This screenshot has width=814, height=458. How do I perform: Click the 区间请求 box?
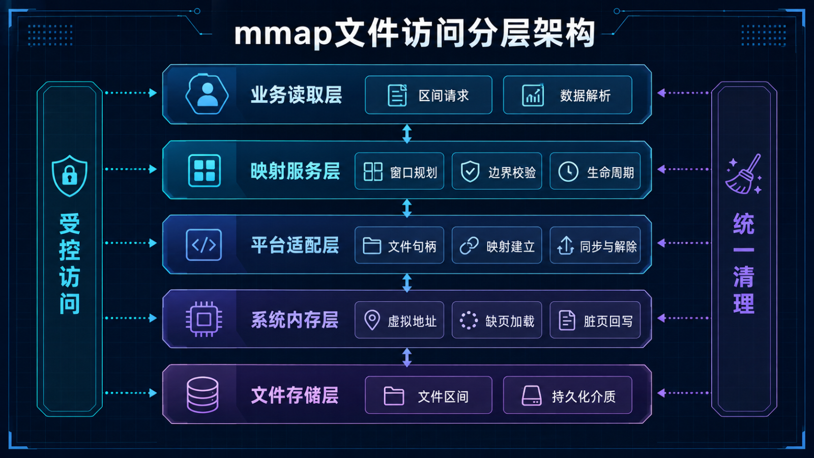pyautogui.click(x=428, y=95)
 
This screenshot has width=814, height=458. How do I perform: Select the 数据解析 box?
pyautogui.click(x=568, y=95)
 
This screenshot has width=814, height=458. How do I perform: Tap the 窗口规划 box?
pyautogui.click(x=399, y=171)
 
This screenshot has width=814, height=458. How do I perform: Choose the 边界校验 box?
pyautogui.click(x=497, y=171)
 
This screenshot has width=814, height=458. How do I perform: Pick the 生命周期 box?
pyautogui.click(x=595, y=171)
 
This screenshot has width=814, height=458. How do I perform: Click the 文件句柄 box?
pyautogui.click(x=399, y=245)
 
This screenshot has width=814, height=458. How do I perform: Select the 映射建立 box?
pyautogui.click(x=497, y=245)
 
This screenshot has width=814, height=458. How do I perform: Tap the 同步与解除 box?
pyautogui.click(x=595, y=245)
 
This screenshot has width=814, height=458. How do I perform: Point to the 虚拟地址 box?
pyautogui.click(x=399, y=320)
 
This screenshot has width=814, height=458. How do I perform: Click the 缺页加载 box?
pyautogui.click(x=497, y=320)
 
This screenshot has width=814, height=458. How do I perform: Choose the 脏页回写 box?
pyautogui.click(x=595, y=320)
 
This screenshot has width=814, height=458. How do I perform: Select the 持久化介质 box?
pyautogui.click(x=568, y=395)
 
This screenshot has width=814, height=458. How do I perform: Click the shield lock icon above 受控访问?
pyautogui.click(x=69, y=176)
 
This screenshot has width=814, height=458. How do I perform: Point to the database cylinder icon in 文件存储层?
pyautogui.click(x=202, y=395)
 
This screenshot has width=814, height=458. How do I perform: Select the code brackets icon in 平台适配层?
pyautogui.click(x=204, y=245)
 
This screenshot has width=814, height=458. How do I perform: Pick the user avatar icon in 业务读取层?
pyautogui.click(x=207, y=94)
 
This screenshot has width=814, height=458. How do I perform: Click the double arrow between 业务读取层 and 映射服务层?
pyautogui.click(x=407, y=134)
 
